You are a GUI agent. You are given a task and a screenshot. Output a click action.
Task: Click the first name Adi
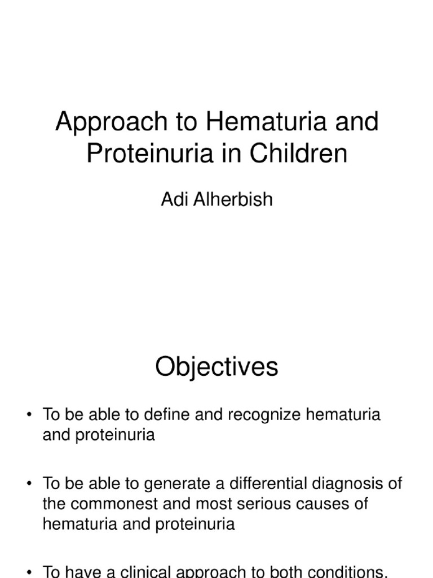(x=173, y=200)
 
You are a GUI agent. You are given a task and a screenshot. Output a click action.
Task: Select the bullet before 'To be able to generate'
(x=29, y=484)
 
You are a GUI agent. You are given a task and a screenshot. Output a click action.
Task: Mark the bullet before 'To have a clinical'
(x=29, y=571)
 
